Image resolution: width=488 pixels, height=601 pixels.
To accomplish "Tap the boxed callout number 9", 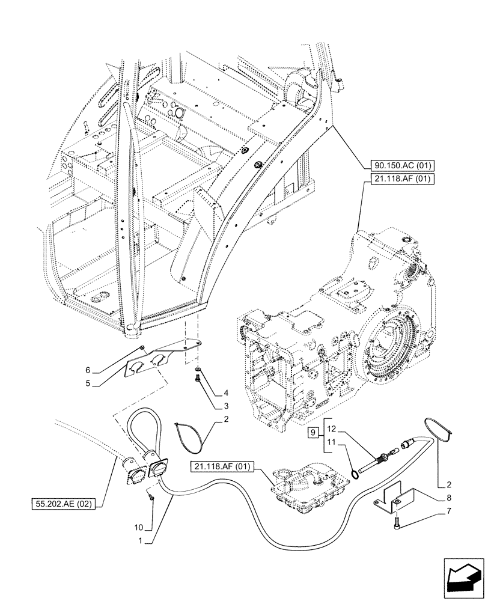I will tap(312, 432).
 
